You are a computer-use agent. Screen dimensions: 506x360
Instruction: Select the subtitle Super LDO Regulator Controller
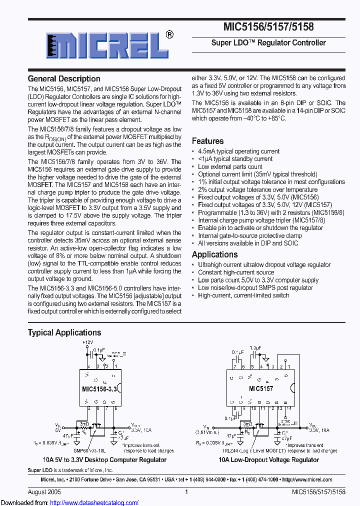pyautogui.click(x=268, y=43)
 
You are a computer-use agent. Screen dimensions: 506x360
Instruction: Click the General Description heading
pyautogui.click(x=64, y=78)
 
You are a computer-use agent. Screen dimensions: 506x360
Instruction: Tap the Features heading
pyautogui.click(x=207, y=141)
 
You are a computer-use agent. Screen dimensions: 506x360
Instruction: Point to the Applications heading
pyautogui.click(x=214, y=254)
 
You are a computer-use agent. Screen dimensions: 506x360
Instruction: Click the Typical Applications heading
pyautogui.click(x=64, y=332)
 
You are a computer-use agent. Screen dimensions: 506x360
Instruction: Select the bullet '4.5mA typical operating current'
pyautogui.click(x=238, y=151)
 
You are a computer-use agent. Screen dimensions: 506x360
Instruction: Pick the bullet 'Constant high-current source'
pyautogui.click(x=236, y=272)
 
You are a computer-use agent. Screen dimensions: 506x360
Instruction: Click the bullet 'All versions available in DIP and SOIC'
pyautogui.click(x=248, y=243)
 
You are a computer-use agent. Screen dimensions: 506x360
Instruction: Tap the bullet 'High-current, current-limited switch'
pyautogui.click(x=243, y=295)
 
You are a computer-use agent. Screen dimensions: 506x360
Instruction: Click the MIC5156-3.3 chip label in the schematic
pyautogui.click(x=99, y=388)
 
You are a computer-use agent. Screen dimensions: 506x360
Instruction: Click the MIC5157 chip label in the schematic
pyautogui.click(x=261, y=388)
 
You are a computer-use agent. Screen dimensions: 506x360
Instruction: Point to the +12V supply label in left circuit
pyautogui.click(x=88, y=342)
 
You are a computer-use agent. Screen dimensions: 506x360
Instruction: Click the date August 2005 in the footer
pyautogui.click(x=42, y=492)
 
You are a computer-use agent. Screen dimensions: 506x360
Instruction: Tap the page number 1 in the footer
pyautogui.click(x=186, y=492)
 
